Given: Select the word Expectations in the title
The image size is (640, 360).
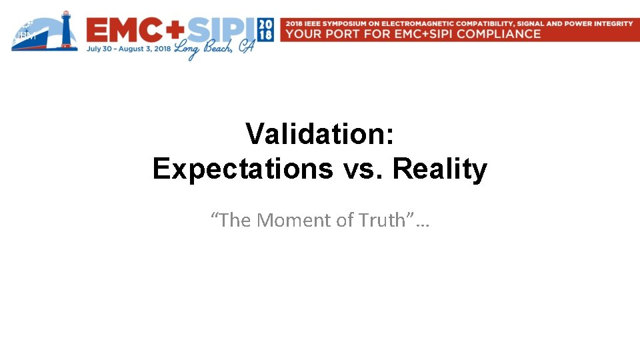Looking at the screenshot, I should (243, 169).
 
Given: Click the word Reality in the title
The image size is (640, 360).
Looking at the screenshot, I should (439, 169).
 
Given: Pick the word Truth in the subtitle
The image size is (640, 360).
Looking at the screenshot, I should (380, 220).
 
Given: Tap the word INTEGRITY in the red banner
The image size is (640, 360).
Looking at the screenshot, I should (611, 23).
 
